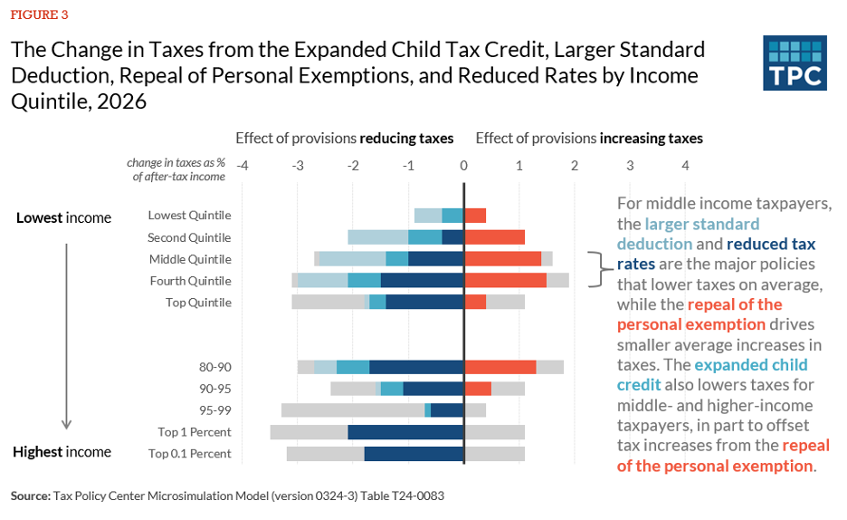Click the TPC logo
pos(795,63)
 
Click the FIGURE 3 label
pos(39,14)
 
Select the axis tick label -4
pos(242,166)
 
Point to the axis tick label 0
pos(463,166)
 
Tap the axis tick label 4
pos(685,166)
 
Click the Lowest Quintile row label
pos(189,216)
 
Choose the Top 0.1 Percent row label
pos(189,454)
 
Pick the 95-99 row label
pos(214,410)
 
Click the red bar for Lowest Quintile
pos(475,216)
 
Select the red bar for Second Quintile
pos(494,237)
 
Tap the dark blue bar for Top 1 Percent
pos(405,432)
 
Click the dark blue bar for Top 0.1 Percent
pos(414,454)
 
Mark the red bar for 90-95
pos(478,389)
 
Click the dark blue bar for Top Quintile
pos(424,303)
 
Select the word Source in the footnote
pos(31,496)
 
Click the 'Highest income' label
pos(62,452)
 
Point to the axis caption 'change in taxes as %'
pos(176,163)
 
